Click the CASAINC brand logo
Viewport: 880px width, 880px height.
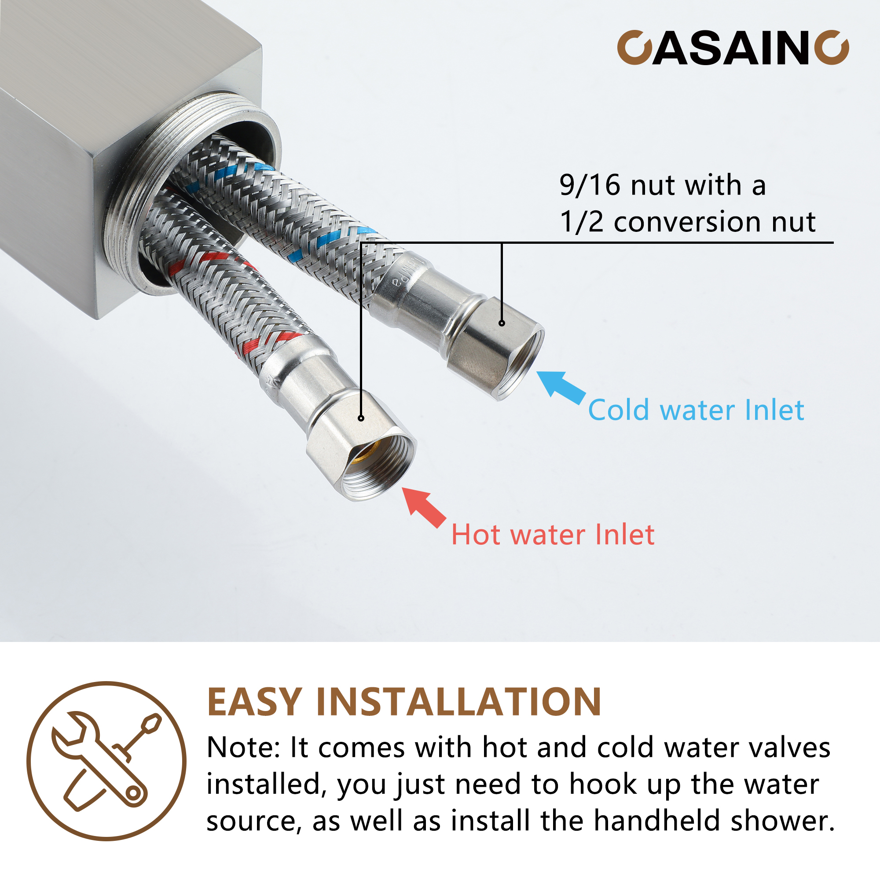(x=733, y=48)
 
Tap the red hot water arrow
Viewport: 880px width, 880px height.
(x=424, y=506)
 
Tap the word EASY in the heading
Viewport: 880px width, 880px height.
(x=254, y=703)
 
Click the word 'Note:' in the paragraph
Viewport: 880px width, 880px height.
(x=243, y=748)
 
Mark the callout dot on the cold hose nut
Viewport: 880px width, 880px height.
(x=502, y=323)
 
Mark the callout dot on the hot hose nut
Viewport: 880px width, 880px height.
(x=361, y=418)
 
